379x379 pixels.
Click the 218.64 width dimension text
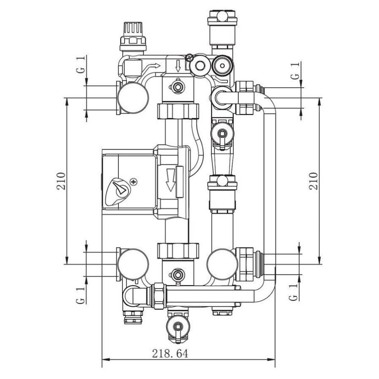click(x=170, y=354)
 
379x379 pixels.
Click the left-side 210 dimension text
click(x=61, y=181)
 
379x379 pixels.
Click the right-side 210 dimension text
click(x=313, y=181)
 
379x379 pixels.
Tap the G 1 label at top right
click(x=295, y=70)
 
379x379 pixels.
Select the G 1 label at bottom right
click(x=294, y=292)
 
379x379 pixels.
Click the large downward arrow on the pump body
click(x=171, y=180)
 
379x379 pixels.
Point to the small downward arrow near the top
click(x=178, y=66)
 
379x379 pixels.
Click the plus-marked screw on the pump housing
click(x=133, y=181)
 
